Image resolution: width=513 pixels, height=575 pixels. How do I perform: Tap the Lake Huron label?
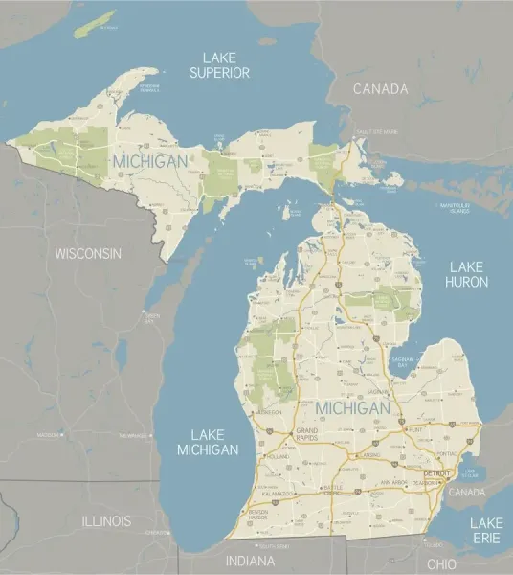pos(467,274)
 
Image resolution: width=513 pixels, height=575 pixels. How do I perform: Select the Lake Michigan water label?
pos(208,442)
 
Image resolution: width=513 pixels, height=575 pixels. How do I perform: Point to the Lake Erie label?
pos(485,530)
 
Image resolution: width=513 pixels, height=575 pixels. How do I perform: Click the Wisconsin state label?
pos(88,254)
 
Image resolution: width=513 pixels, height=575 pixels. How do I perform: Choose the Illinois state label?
pos(106,521)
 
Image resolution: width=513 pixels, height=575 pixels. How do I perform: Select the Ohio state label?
pos(441,564)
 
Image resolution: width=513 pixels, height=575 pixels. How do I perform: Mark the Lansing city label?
pos(369,455)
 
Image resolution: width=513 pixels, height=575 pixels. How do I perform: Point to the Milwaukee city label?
pos(133,435)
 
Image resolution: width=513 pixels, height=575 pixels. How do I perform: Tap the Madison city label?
pos(49,435)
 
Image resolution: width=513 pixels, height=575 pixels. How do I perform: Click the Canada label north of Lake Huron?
pos(380,89)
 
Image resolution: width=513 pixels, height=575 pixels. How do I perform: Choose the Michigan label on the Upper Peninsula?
pos(149,162)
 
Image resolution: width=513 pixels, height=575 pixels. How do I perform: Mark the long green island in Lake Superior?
pos(94,25)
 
